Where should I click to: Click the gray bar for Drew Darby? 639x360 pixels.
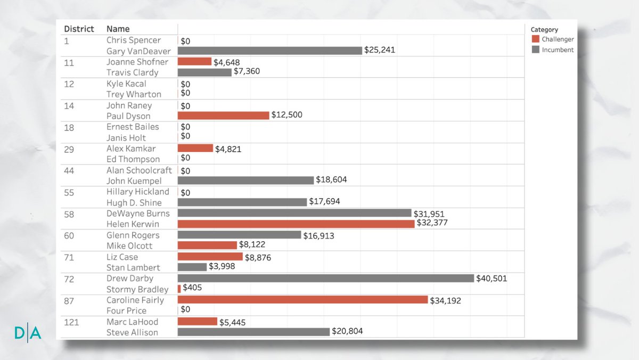point(325,279)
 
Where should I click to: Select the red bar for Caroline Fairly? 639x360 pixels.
point(302,300)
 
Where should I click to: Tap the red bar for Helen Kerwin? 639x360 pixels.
point(296,224)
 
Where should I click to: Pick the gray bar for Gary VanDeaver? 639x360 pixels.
point(269,50)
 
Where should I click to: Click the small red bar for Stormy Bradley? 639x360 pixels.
point(179,288)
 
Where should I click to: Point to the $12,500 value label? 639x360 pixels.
point(286,114)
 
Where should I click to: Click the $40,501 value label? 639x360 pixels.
point(491,278)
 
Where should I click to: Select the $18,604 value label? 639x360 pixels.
point(331,179)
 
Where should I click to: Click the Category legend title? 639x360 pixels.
point(544,30)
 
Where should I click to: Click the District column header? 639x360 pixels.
point(79,29)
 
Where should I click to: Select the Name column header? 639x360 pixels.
point(118,29)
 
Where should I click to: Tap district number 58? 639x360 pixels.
point(69,214)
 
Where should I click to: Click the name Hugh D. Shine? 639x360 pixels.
point(134,202)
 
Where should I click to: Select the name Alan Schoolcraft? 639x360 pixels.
point(139,170)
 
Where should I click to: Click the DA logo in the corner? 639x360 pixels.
point(28,333)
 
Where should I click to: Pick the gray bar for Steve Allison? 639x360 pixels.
point(253,332)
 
